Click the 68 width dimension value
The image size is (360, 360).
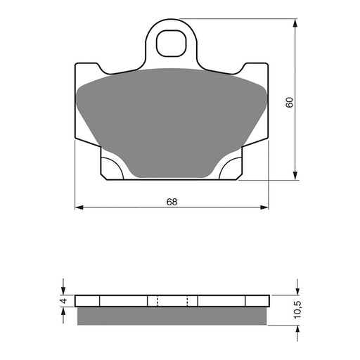[172, 202]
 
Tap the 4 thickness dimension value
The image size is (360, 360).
[63, 301]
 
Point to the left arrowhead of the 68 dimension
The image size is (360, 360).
[78, 207]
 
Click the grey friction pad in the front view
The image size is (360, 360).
[172, 120]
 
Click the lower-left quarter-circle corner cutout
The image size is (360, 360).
[112, 169]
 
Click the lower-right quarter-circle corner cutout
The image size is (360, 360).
[231, 169]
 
